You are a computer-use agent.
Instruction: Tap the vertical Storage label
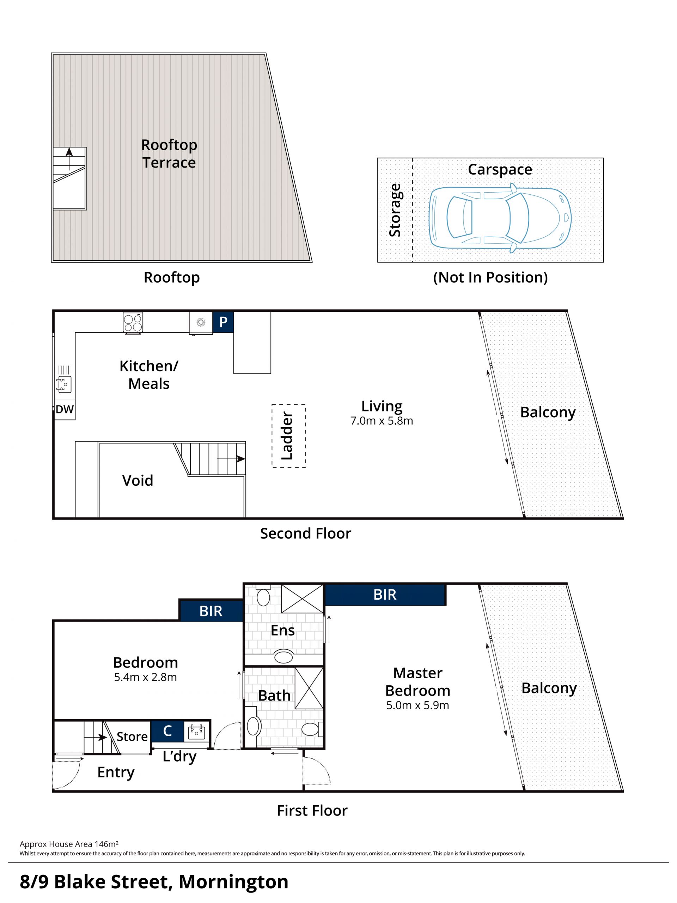395,210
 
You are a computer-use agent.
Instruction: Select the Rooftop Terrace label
169,153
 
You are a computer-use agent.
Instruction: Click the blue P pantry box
223,322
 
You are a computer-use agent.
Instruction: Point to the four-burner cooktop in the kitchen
133,322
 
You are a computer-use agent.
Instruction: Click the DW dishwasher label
65,410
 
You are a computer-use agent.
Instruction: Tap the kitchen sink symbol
64,384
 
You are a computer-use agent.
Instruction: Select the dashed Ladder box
288,436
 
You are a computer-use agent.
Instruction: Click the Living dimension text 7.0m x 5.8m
382,421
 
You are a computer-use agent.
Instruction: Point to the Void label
138,480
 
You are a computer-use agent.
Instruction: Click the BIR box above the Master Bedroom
385,595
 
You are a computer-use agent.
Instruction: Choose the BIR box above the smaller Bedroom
211,611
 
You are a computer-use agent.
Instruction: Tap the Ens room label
282,630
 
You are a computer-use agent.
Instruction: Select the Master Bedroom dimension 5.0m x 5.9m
417,705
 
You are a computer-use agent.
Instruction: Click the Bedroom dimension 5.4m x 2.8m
145,677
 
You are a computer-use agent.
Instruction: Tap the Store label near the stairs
132,737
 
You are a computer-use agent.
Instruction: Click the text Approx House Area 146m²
69,844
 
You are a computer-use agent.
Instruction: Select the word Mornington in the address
233,882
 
